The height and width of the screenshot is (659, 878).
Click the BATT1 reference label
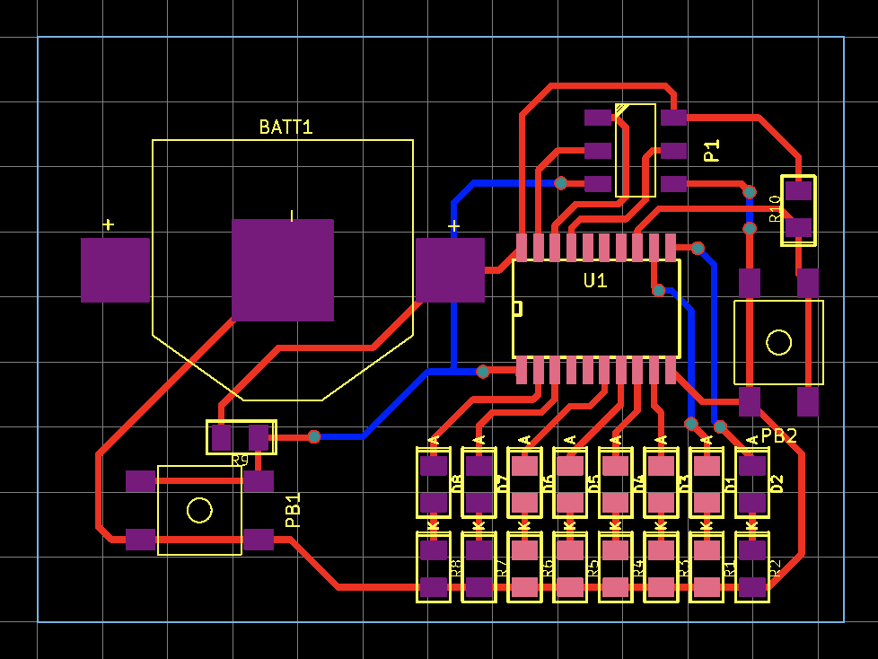pyautogui.click(x=285, y=127)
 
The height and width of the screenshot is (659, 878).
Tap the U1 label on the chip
pyautogui.click(x=595, y=281)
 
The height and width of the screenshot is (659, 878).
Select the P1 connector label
pyautogui.click(x=712, y=151)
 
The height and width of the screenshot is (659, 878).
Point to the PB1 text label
pyautogui.click(x=294, y=510)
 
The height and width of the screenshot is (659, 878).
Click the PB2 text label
pyautogui.click(x=778, y=436)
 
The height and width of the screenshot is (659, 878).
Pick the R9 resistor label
pyautogui.click(x=240, y=461)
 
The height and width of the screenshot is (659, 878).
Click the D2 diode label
pyautogui.click(x=777, y=483)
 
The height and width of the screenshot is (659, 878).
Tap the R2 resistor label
pyautogui.click(x=777, y=567)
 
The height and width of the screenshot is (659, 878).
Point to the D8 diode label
pyautogui.click(x=456, y=483)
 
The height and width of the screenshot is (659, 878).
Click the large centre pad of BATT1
pyautogui.click(x=283, y=270)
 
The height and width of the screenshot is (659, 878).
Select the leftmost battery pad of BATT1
pyautogui.click(x=115, y=270)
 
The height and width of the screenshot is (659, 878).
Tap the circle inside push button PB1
pyautogui.click(x=199, y=510)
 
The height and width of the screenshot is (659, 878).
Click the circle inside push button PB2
pyautogui.click(x=778, y=342)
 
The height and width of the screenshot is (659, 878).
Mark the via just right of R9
pyautogui.click(x=314, y=436)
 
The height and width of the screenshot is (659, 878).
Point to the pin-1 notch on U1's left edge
pyautogui.click(x=517, y=309)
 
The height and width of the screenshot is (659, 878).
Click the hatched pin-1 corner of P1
pyautogui.click(x=621, y=110)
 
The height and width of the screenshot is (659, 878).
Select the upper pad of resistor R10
pyautogui.click(x=798, y=190)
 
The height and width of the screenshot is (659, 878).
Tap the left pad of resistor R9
pyautogui.click(x=221, y=437)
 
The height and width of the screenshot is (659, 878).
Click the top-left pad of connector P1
pyautogui.click(x=598, y=117)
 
